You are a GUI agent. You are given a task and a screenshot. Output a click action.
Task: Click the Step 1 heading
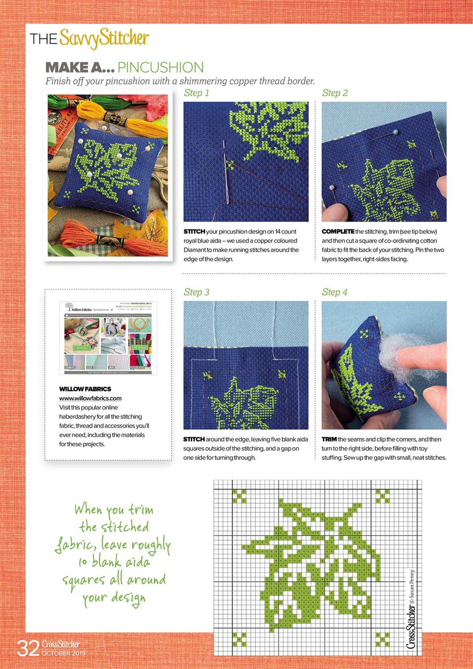[197, 93]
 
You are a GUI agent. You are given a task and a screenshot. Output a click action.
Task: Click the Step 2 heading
[334, 93]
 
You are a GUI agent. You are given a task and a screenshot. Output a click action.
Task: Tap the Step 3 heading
[197, 292]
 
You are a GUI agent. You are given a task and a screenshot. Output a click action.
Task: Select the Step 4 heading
[334, 292]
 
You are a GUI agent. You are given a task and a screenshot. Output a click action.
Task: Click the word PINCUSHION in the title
[160, 67]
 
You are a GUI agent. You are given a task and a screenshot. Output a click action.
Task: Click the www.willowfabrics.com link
[90, 398]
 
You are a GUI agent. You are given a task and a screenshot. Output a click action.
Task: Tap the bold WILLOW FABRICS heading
[85, 389]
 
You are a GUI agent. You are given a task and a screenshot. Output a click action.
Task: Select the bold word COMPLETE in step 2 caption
[338, 232]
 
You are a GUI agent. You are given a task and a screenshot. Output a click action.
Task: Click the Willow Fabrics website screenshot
[108, 337]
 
